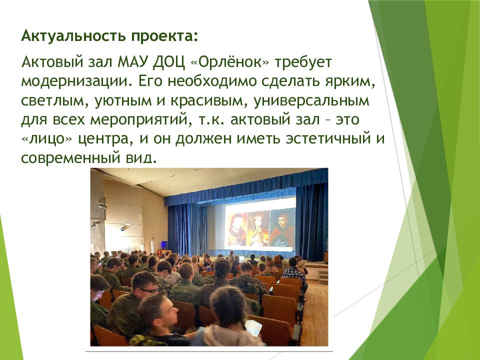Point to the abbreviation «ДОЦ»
pos(169,63)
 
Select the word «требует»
pos(303,63)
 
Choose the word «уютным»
pos(123,101)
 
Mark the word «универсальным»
pos(311,101)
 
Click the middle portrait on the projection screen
pos(258,229)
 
